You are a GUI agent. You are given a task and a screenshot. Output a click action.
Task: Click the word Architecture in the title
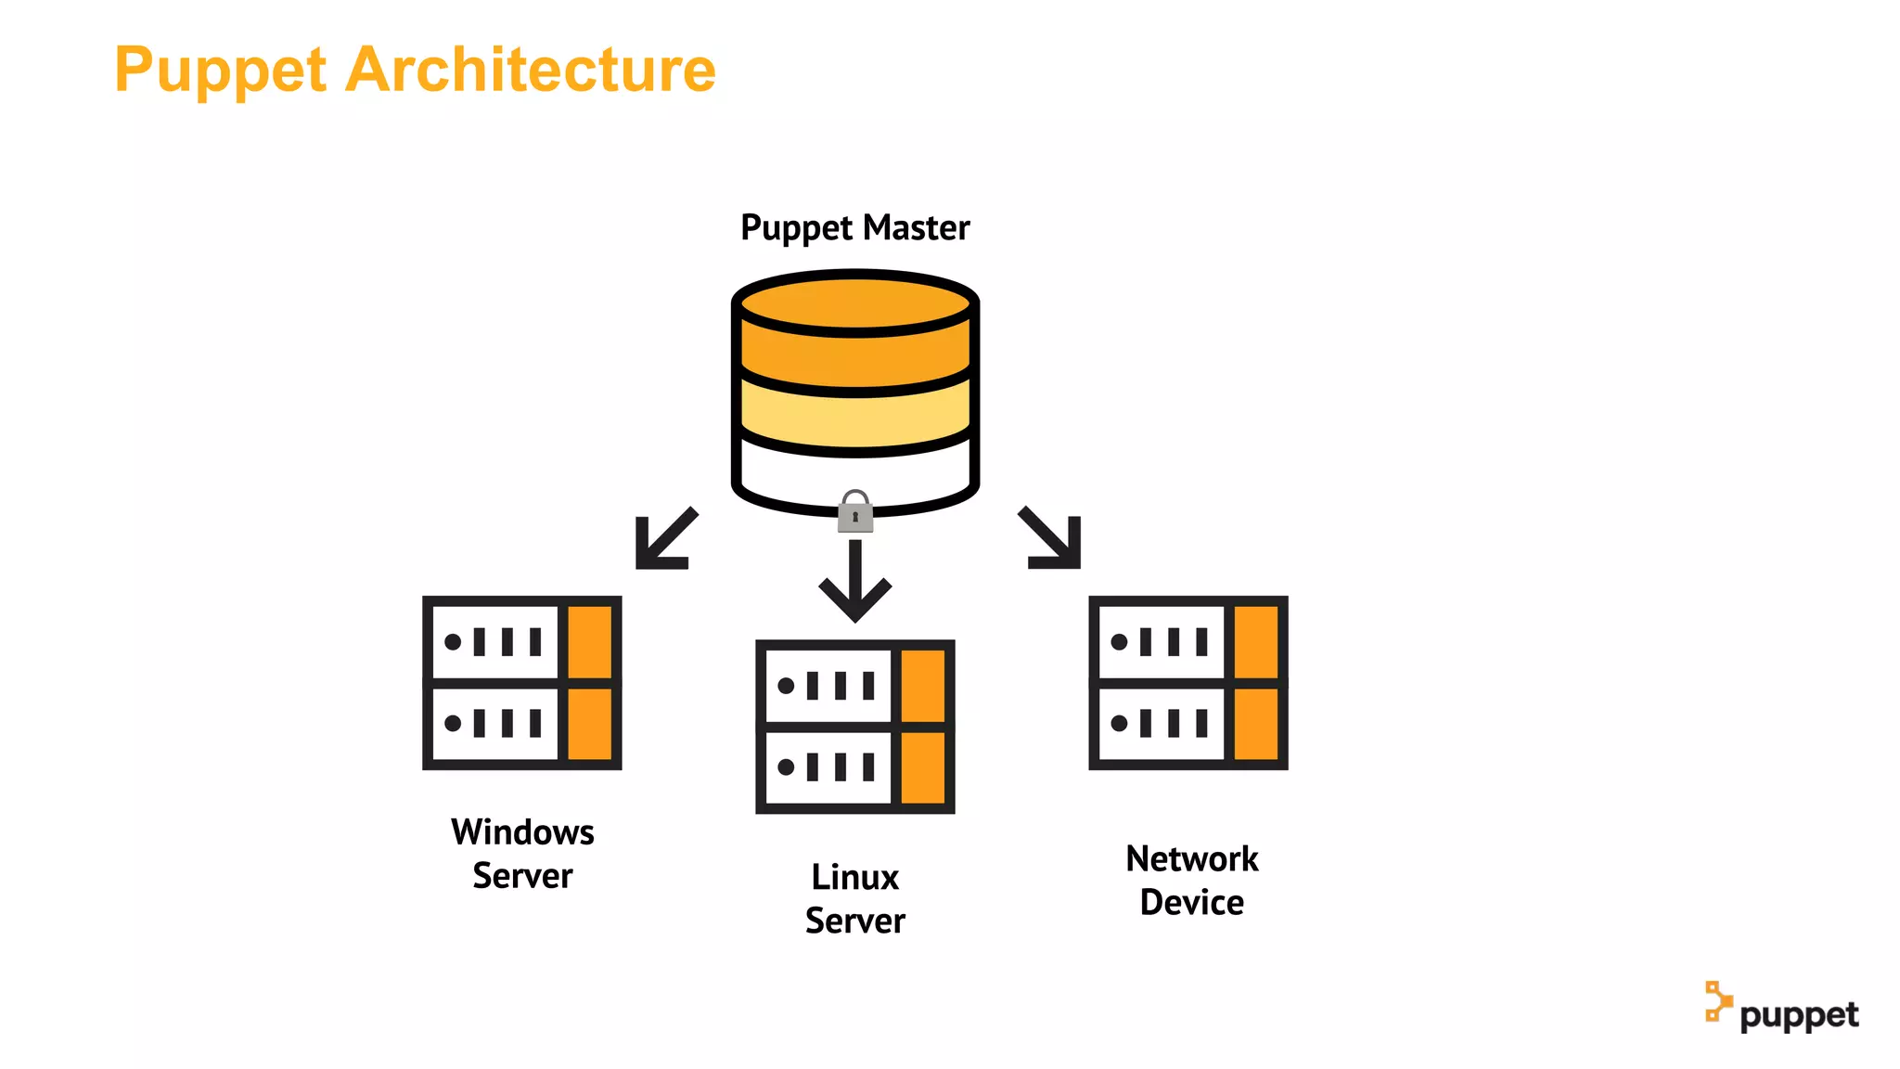(x=530, y=70)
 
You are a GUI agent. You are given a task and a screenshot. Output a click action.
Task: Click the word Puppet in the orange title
(x=221, y=71)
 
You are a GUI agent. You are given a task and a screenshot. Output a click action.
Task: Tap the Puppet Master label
(x=854, y=228)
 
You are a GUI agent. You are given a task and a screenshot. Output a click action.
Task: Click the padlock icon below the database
(x=854, y=513)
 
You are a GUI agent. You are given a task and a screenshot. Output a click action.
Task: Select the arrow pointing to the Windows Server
(x=664, y=539)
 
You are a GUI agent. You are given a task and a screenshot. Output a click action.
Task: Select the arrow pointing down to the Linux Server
(x=854, y=582)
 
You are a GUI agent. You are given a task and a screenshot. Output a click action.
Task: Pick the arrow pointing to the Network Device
(x=1052, y=538)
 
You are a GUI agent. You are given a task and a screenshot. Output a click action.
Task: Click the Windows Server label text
(x=522, y=854)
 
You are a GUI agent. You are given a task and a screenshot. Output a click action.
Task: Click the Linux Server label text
(x=854, y=898)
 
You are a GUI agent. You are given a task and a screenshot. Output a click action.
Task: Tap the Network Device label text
(x=1191, y=880)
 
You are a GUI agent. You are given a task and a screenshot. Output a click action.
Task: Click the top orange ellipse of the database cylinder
(x=854, y=303)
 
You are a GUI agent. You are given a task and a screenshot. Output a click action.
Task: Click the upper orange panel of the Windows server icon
(x=589, y=641)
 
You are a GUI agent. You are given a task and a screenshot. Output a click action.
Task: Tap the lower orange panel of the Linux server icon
(x=922, y=767)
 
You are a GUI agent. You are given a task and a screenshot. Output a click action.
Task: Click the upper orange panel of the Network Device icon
(x=1255, y=641)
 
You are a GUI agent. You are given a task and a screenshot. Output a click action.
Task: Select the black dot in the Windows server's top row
(x=453, y=642)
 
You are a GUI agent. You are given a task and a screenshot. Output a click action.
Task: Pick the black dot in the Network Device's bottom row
(x=1119, y=723)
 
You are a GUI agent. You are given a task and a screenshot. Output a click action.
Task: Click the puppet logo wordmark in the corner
(x=1799, y=1015)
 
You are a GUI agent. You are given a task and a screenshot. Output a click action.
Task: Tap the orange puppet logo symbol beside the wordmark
(x=1717, y=1002)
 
